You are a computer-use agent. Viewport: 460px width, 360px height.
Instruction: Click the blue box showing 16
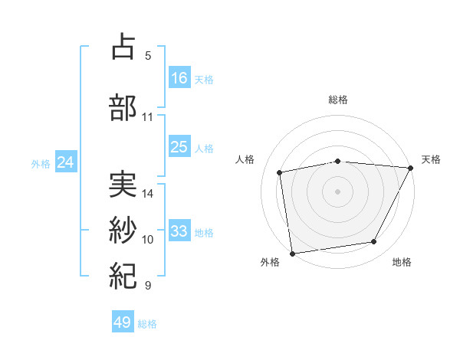[x=179, y=78]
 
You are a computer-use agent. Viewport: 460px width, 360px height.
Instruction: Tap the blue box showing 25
[x=179, y=147]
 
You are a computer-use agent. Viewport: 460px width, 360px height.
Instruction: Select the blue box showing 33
[x=179, y=231]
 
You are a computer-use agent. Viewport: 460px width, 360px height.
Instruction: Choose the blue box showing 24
[x=65, y=162]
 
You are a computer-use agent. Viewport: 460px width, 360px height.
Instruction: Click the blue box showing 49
[x=122, y=322]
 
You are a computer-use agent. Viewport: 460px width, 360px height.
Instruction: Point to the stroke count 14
[x=149, y=194]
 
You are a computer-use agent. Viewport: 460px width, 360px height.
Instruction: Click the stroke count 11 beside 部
[x=148, y=117]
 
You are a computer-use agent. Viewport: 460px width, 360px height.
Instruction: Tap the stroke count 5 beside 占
[x=148, y=56]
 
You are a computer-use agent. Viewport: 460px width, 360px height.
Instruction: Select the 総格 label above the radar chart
[x=338, y=100]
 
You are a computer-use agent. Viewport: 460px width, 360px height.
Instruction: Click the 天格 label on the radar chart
[x=431, y=159]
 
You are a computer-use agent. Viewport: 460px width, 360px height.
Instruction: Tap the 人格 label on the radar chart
[x=245, y=159]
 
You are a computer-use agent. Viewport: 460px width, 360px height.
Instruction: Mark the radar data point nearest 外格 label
[x=292, y=253]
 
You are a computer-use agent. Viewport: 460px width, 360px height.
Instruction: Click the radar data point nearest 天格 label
[x=411, y=168]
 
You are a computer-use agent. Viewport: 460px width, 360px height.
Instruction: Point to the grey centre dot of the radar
[x=338, y=191]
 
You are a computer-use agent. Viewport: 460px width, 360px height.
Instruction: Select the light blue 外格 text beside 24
[x=41, y=163]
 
